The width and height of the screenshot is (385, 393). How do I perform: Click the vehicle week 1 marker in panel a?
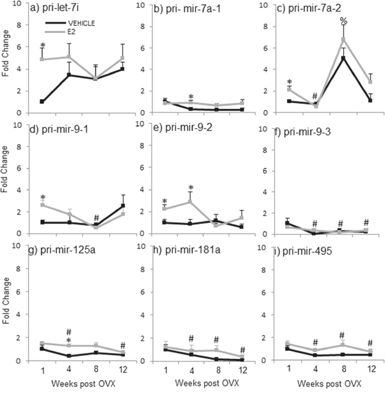42,101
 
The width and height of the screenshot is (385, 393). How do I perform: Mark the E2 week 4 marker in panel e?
191,202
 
